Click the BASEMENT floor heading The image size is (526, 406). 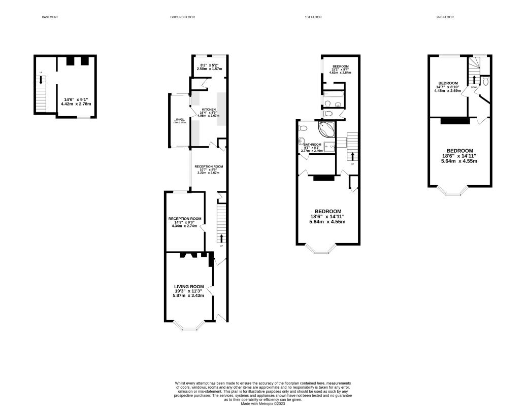click(x=50, y=17)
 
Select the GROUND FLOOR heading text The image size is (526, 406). click(x=182, y=17)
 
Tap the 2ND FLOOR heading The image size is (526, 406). click(x=445, y=17)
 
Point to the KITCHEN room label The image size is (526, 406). click(x=208, y=110)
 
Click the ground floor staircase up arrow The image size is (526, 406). click(x=221, y=238)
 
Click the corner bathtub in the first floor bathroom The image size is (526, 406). click(x=325, y=129)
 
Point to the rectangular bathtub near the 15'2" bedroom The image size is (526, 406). click(x=333, y=94)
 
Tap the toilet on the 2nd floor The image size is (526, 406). click(x=485, y=82)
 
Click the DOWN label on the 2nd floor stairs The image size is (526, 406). click(x=474, y=87)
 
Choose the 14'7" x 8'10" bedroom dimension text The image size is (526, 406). click(x=448, y=88)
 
